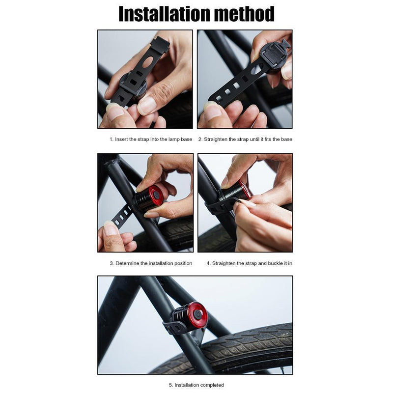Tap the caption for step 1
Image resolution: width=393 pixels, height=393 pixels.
tap(151, 139)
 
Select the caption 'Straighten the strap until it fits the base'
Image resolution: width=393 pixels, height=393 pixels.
tap(245, 139)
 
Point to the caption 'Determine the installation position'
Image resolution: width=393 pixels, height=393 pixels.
tap(151, 263)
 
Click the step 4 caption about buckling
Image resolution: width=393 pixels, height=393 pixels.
tap(249, 263)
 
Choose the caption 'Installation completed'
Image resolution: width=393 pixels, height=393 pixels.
tap(196, 385)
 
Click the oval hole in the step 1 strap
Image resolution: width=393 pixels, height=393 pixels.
tap(147, 61)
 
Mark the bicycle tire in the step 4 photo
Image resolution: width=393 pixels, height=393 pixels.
tap(216, 241)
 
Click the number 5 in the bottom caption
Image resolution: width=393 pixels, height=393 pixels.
tap(170, 385)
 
